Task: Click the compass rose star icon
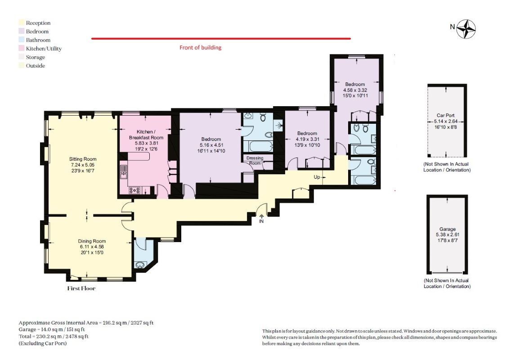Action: click(466, 29)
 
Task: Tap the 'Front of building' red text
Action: click(200, 48)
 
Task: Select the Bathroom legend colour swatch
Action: click(22, 40)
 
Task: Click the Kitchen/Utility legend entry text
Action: click(44, 49)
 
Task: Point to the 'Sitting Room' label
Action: click(83, 159)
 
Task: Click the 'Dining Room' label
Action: click(92, 241)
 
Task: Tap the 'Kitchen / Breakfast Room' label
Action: click(146, 135)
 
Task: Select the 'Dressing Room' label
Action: click(255, 161)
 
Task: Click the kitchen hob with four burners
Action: click(134, 190)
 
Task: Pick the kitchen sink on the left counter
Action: click(124, 171)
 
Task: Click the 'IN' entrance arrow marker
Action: click(261, 219)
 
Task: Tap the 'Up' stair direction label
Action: click(317, 177)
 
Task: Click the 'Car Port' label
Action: click(446, 115)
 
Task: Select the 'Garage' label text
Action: click(448, 229)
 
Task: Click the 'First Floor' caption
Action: click(81, 288)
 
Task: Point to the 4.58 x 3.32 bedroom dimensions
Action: click(355, 90)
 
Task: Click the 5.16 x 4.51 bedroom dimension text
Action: click(211, 145)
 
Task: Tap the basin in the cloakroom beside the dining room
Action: click(141, 265)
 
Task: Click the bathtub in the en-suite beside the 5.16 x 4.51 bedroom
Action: click(258, 146)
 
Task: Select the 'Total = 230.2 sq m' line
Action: click(54, 336)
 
